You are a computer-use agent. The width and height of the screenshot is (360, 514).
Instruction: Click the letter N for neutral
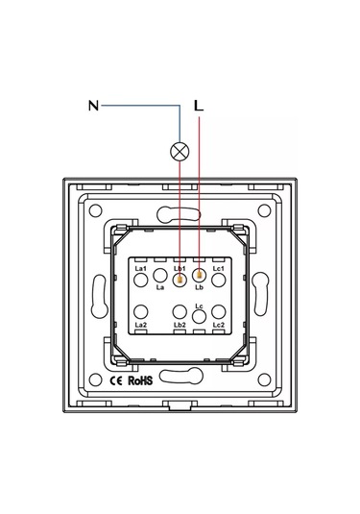click(93, 106)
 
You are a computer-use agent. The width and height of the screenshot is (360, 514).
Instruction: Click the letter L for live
click(199, 106)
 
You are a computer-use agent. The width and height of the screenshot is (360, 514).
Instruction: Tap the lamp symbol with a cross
click(180, 152)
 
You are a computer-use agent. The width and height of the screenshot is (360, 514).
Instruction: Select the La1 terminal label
click(140, 268)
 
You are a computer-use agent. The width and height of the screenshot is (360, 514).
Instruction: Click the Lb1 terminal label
click(180, 268)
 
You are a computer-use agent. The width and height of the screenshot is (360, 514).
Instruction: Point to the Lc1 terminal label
click(219, 268)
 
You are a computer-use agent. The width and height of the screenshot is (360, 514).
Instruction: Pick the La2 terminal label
click(141, 325)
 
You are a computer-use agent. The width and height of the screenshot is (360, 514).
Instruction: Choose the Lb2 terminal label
click(180, 325)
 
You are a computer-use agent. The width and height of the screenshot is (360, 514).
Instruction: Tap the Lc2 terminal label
click(219, 325)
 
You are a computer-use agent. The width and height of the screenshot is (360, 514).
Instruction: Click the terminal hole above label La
click(160, 276)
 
